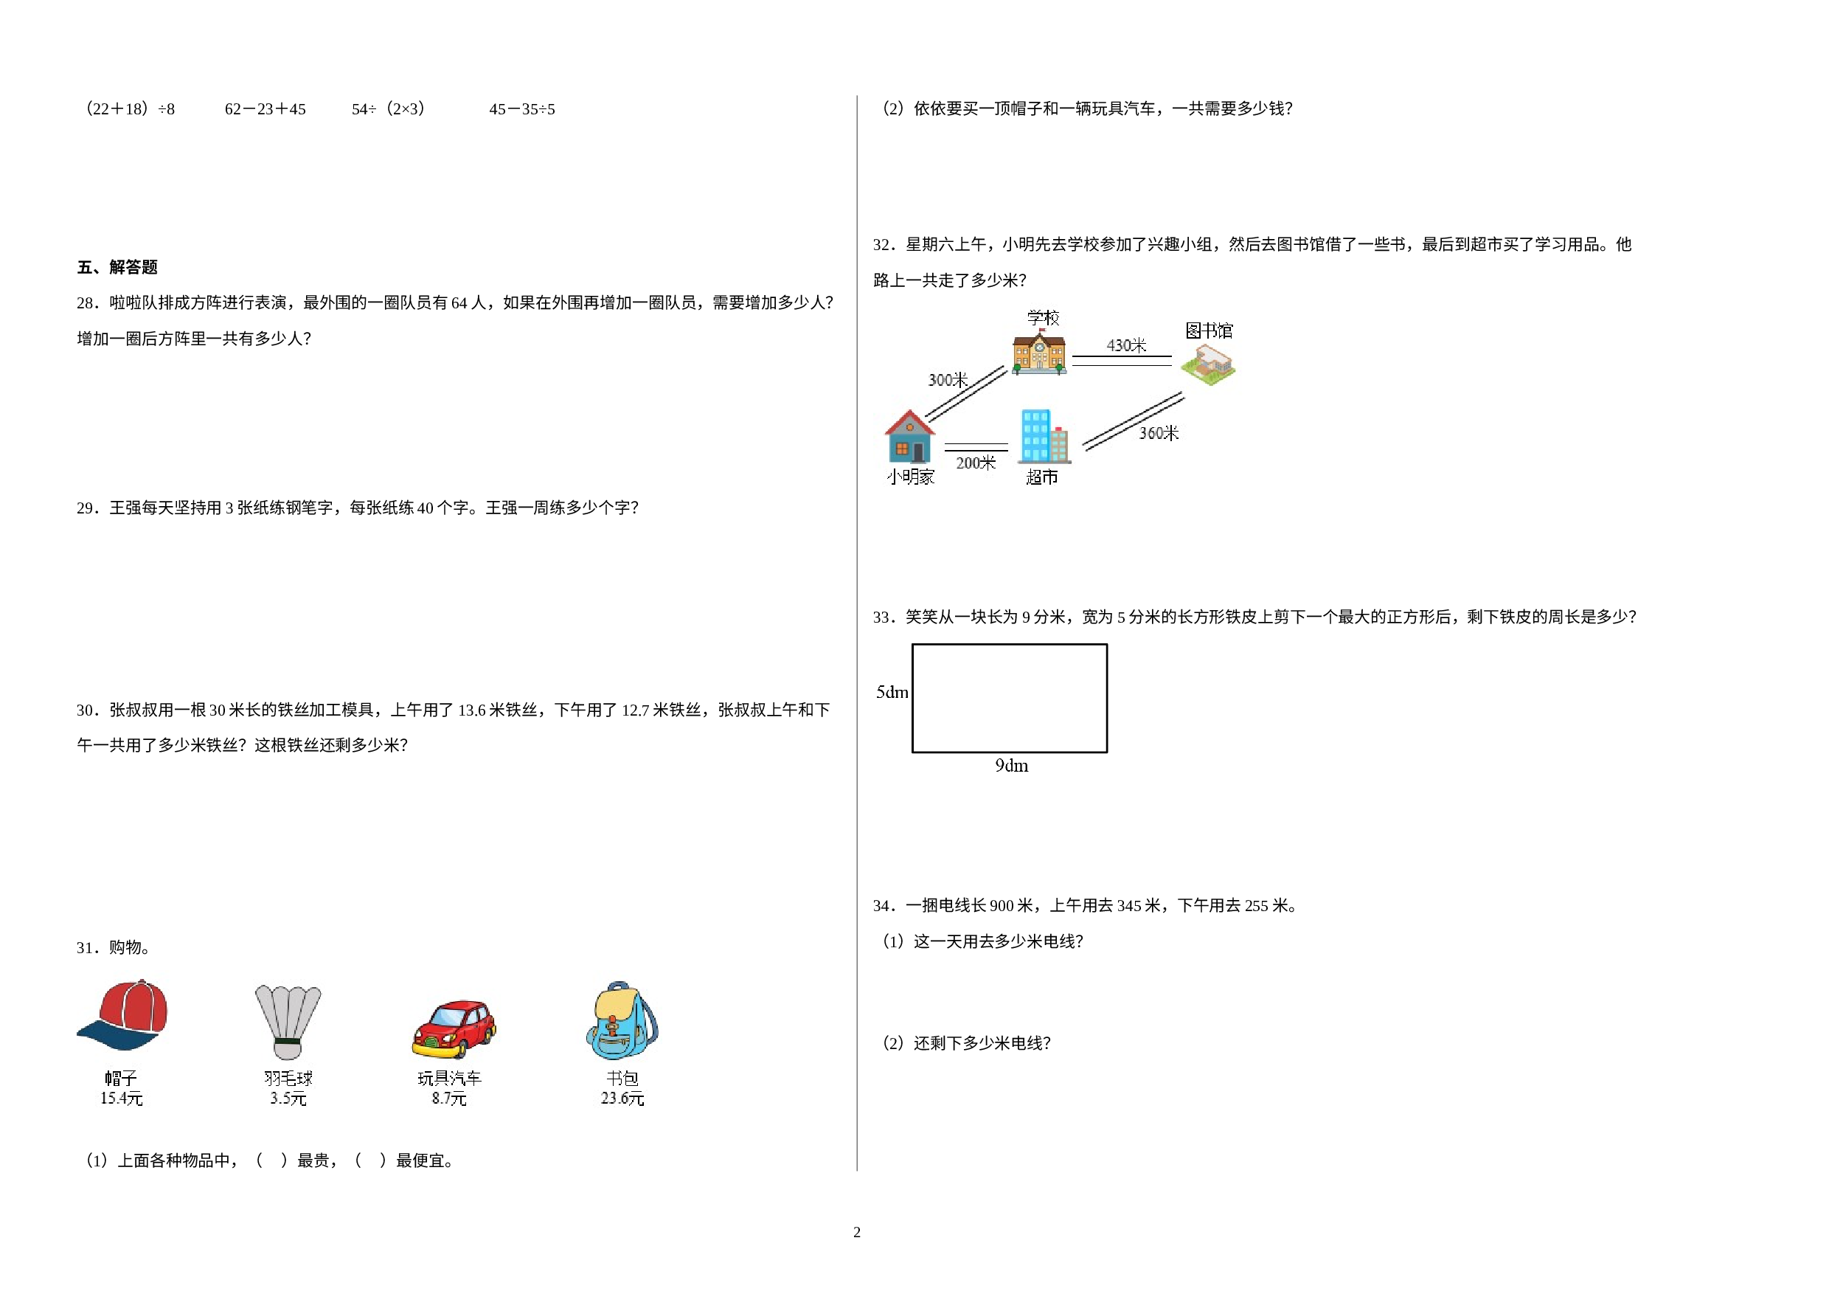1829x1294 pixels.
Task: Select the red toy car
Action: pos(454,1028)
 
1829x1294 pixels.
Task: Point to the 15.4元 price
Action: pos(121,1098)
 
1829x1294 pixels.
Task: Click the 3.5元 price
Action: pos(288,1098)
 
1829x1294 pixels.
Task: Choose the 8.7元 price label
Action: pos(449,1098)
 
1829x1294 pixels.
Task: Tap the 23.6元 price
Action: pos(622,1098)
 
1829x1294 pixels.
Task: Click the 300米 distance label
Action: pos(948,380)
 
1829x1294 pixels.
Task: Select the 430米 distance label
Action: pos(1126,346)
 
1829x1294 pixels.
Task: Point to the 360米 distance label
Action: pos(1159,434)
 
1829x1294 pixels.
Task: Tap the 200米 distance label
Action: pos(976,463)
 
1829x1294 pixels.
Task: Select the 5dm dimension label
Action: pos(892,693)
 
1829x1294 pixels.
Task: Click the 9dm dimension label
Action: pos(1012,766)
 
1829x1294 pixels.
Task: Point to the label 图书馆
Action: pos(1209,331)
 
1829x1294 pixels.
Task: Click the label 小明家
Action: pos(911,477)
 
